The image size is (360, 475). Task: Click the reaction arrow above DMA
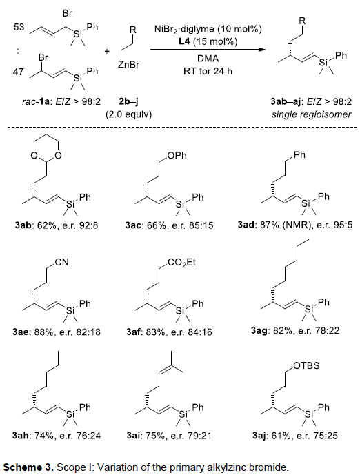point(208,50)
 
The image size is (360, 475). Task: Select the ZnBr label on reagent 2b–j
point(129,65)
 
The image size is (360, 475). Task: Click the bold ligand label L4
point(184,41)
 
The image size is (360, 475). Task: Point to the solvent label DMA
point(208,59)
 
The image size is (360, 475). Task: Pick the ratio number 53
point(19,27)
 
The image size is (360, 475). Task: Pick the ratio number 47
point(18,72)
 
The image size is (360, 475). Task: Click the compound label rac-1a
point(36,102)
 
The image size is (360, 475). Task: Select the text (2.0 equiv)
point(128,114)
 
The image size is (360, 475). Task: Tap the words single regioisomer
point(311,114)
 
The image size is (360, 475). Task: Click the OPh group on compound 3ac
point(178,156)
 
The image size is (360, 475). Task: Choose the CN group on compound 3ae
point(61,262)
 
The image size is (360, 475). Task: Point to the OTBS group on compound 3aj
point(306,365)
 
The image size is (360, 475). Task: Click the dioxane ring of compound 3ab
point(46,150)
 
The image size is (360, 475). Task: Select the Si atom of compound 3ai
point(183,414)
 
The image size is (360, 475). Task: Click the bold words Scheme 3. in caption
point(28,467)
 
